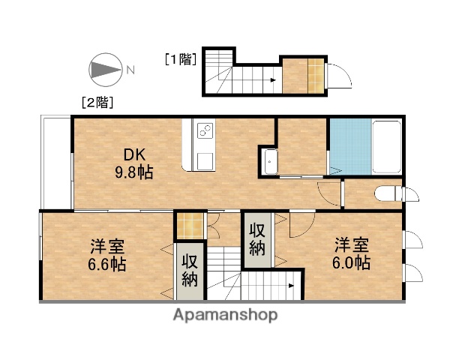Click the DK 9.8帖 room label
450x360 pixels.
tap(134, 163)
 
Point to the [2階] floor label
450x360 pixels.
tap(97, 102)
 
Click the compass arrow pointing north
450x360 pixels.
tap(106, 70)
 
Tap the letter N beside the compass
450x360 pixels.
tap(130, 70)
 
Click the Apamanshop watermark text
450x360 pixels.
tap(226, 314)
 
